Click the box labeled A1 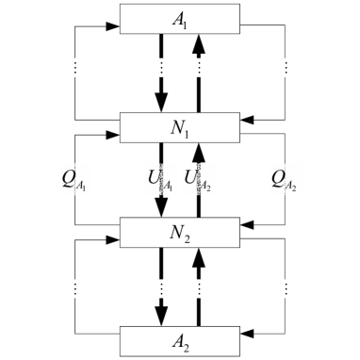180,18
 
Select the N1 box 180,126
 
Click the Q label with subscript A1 74,179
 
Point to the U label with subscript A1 160,179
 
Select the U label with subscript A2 200,179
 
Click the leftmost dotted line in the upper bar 74,68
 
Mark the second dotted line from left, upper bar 162,68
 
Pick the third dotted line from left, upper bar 198,68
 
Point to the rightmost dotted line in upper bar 286,68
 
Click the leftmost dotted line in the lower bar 74,287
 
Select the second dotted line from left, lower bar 162,287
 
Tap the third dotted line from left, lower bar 198,287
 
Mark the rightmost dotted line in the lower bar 286,287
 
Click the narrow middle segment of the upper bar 180,68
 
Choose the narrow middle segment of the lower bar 180,287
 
